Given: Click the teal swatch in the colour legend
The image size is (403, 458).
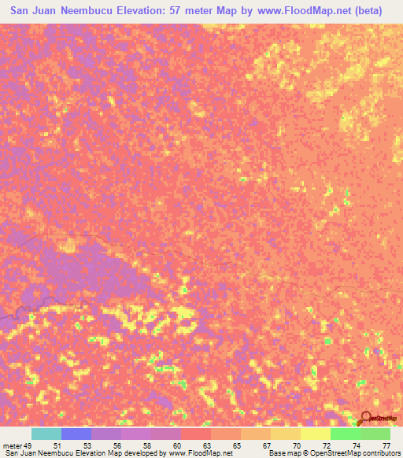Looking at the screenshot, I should pos(46,434).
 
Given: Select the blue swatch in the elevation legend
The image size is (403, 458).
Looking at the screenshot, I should pos(76,434).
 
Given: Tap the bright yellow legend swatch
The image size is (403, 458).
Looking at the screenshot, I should pos(316,434).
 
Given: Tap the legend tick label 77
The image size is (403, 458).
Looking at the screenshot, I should pos(386,445).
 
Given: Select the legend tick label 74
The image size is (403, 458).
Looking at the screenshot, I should pos(356,445).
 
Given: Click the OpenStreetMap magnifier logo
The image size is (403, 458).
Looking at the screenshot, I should pos(367,418).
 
